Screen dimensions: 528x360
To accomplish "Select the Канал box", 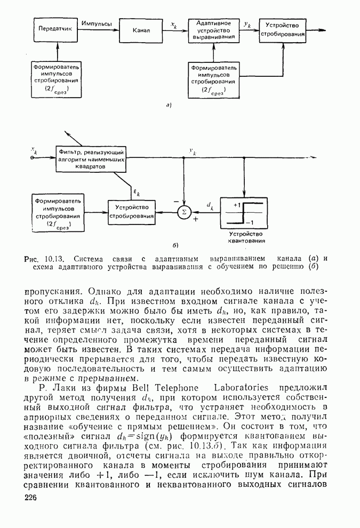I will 141,30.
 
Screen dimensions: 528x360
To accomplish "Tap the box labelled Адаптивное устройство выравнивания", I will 213,31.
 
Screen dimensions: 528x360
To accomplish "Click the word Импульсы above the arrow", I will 97,24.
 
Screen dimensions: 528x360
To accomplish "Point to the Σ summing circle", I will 184,212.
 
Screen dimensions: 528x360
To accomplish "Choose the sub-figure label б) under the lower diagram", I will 174,245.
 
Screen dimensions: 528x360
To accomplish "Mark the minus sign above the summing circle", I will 175,201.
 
